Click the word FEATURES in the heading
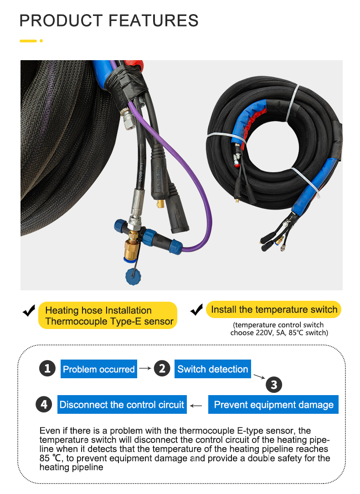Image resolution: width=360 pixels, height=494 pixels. [154, 21]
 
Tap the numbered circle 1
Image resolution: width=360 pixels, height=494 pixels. [47, 368]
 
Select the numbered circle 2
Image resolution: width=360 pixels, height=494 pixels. [162, 368]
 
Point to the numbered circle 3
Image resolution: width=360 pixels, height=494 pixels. [274, 385]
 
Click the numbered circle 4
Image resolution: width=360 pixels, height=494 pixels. [44, 404]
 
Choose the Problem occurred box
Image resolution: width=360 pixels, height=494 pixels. [99, 369]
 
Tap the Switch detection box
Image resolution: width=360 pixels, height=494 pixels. [213, 369]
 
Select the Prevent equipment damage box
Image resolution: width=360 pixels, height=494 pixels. [273, 405]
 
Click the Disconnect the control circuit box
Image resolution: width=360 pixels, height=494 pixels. [122, 405]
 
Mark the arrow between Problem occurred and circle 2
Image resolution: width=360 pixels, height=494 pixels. [145, 368]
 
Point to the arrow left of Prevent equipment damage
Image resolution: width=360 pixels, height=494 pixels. [196, 406]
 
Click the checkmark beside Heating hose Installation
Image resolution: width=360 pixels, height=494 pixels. [29, 311]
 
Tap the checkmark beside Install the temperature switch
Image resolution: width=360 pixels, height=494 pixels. [197, 310]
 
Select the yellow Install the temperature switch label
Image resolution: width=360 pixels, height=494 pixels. [274, 309]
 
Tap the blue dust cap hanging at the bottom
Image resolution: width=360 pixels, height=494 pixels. [133, 277]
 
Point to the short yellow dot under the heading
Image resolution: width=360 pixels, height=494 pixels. [41, 41]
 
